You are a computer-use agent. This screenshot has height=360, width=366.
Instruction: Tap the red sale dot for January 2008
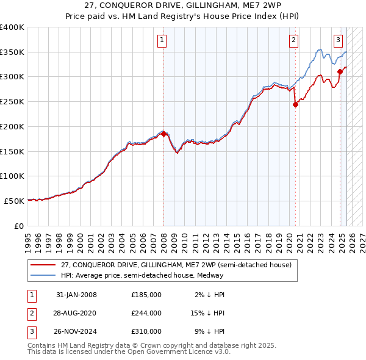coord(163,134)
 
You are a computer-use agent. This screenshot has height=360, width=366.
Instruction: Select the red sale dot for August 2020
coord(295,104)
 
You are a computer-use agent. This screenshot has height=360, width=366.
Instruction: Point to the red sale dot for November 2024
coord(340,71)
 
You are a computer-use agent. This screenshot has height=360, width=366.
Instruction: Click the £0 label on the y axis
coord(18,226)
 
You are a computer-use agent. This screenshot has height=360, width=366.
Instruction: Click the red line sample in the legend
coord(43,265)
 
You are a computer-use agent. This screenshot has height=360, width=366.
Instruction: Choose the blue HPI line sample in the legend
coord(43,275)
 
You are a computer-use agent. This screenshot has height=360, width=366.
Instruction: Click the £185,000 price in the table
coord(146,295)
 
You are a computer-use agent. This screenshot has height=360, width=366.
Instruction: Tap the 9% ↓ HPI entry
coord(210,331)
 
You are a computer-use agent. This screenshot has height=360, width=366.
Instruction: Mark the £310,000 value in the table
coord(146,331)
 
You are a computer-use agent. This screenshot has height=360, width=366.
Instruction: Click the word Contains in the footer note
coord(43,345)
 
